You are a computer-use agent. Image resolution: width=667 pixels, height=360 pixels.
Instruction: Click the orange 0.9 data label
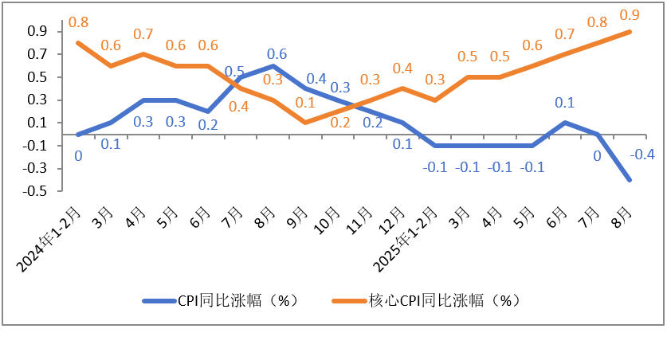[x=630, y=14]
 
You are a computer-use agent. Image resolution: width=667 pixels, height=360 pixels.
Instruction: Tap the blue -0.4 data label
[x=643, y=155]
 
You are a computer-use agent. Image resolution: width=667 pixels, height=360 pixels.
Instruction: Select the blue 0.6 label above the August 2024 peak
[x=277, y=54]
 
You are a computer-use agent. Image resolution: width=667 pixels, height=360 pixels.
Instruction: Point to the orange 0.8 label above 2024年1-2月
[x=78, y=22]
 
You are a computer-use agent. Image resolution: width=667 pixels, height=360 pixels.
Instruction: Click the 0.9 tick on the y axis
[x=37, y=32]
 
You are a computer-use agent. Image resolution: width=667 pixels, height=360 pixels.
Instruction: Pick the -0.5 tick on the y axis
[x=37, y=192]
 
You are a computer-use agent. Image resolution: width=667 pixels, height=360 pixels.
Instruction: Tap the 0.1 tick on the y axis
[x=37, y=123]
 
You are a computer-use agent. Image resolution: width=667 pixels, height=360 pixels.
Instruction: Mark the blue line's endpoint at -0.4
[x=630, y=180]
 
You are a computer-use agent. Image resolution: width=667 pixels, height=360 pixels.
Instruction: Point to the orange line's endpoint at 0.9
[x=630, y=32]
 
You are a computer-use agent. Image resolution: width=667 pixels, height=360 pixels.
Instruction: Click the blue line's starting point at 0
[x=78, y=135]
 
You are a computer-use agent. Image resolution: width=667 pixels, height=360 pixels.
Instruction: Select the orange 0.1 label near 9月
[x=304, y=104]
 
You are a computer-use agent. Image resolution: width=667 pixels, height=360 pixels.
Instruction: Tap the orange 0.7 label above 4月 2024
[x=143, y=35]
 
